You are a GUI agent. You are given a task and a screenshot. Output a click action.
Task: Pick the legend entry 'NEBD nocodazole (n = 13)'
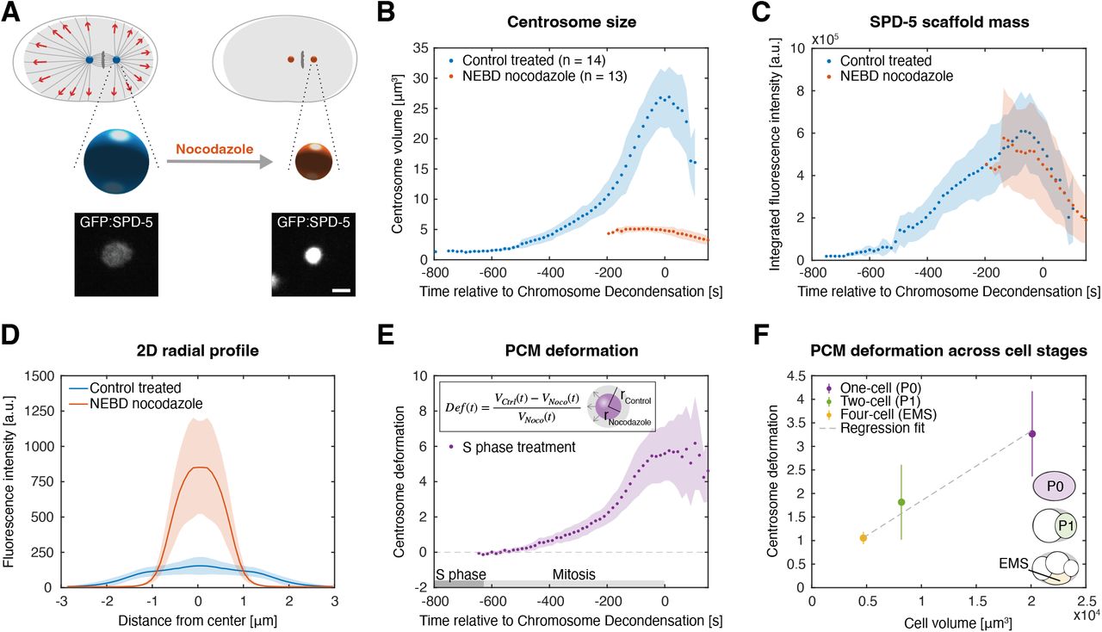(528, 77)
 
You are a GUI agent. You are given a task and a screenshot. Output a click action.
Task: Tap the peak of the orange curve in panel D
(198, 467)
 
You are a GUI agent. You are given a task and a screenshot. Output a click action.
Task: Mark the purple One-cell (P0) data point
(1032, 434)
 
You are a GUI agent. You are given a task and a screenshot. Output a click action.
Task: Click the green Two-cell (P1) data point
(901, 502)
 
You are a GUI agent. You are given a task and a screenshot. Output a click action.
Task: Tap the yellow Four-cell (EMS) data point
(863, 537)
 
